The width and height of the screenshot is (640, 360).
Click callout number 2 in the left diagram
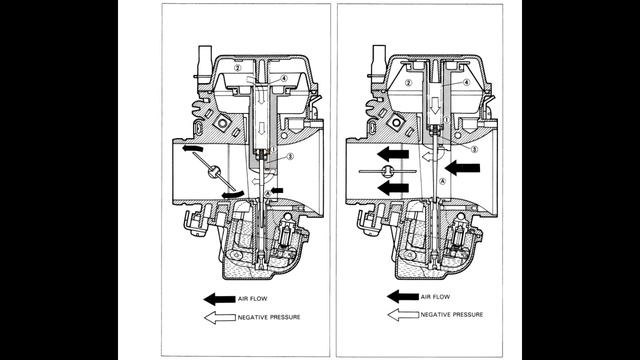238,68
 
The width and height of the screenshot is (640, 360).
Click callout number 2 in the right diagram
409,83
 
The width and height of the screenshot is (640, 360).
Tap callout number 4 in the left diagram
284,78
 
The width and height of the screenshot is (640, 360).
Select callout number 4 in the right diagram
467,82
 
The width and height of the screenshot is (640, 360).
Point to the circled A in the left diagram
268,193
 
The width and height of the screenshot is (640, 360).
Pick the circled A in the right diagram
442,181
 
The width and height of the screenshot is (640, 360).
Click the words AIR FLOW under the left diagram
253,299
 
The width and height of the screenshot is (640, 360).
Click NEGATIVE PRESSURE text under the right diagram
452,315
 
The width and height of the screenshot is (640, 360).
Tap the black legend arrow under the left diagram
220,299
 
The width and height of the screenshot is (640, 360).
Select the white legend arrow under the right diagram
403,315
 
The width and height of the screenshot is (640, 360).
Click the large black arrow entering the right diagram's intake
462,168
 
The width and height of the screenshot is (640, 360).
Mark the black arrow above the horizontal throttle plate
393,154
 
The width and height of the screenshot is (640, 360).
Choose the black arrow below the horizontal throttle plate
393,188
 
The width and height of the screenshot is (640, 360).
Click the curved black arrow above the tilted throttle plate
193,148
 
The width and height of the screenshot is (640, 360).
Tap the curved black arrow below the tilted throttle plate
233,195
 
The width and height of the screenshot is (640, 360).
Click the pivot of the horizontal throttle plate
387,171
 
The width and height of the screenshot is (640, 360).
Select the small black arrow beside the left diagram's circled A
277,190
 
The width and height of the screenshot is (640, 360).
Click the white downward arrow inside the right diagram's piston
435,106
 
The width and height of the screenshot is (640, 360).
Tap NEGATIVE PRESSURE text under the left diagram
269,317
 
